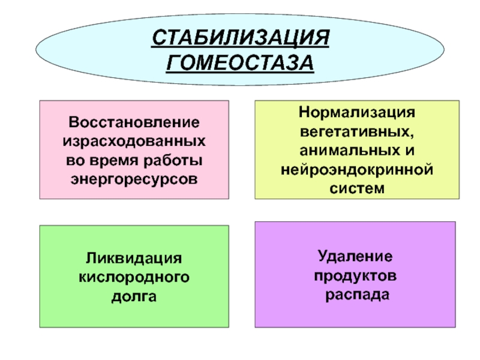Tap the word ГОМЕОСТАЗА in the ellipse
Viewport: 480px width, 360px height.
click(x=240, y=62)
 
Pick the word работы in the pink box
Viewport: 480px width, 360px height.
click(x=171, y=160)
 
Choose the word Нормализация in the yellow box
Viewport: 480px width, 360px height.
click(x=357, y=113)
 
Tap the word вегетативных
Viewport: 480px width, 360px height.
click(x=357, y=130)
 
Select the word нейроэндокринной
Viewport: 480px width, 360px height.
click(x=357, y=170)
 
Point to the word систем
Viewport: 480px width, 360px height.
click(x=357, y=188)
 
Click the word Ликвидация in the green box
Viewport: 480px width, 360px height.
click(x=134, y=259)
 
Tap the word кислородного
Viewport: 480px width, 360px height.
click(x=134, y=277)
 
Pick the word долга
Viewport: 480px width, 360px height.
click(x=134, y=296)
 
